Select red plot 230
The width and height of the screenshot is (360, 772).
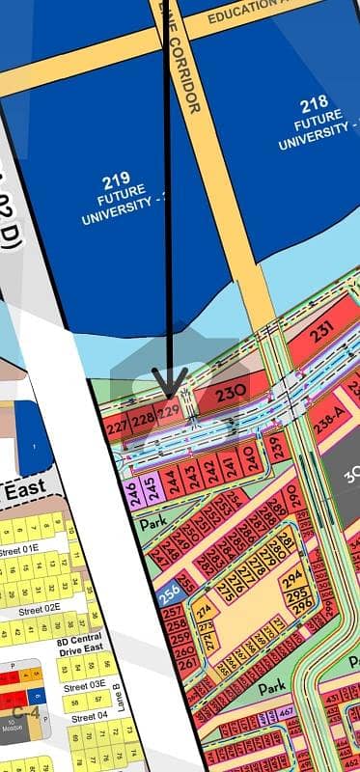229,393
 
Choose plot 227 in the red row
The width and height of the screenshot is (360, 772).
118,427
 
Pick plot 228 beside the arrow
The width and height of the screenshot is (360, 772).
143,419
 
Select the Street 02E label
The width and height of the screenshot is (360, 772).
42,607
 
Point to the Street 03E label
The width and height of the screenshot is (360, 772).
85,684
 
